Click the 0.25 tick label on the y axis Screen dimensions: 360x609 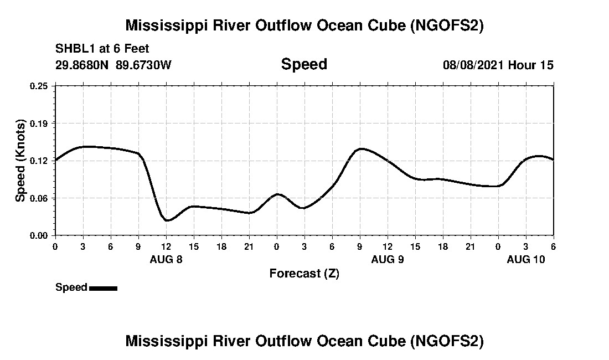click(x=39, y=86)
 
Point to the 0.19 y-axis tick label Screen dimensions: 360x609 click(x=39, y=123)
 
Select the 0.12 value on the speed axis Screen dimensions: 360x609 click(x=39, y=161)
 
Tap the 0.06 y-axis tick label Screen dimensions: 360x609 click(x=39, y=198)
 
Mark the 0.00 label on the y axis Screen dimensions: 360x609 click(x=39, y=235)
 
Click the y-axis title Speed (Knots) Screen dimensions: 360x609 click(x=20, y=161)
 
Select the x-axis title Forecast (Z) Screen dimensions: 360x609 click(x=304, y=274)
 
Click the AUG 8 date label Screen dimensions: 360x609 click(x=166, y=259)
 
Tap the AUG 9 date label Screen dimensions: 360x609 click(x=388, y=259)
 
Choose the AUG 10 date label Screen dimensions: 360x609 click(x=526, y=259)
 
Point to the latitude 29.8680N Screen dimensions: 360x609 click(x=82, y=65)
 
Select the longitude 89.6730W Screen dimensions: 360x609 click(x=143, y=65)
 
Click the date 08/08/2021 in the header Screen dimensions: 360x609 click(x=473, y=65)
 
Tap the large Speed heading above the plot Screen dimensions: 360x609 click(x=304, y=64)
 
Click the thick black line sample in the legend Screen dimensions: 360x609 click(x=103, y=288)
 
